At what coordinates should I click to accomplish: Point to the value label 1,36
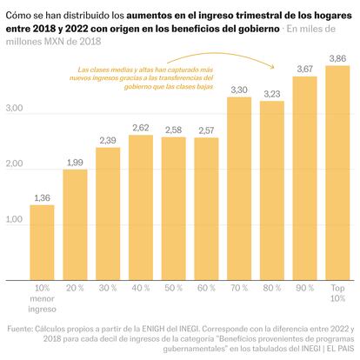click(42, 198)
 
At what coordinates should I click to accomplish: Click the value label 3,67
click(303, 69)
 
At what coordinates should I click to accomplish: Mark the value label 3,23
click(271, 93)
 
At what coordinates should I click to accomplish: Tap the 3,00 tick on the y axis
click(15, 109)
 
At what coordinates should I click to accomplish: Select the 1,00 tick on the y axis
click(15, 219)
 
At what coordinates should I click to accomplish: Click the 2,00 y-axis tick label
click(15, 164)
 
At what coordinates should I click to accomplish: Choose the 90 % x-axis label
click(303, 286)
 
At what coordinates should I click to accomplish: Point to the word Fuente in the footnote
click(23, 330)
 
